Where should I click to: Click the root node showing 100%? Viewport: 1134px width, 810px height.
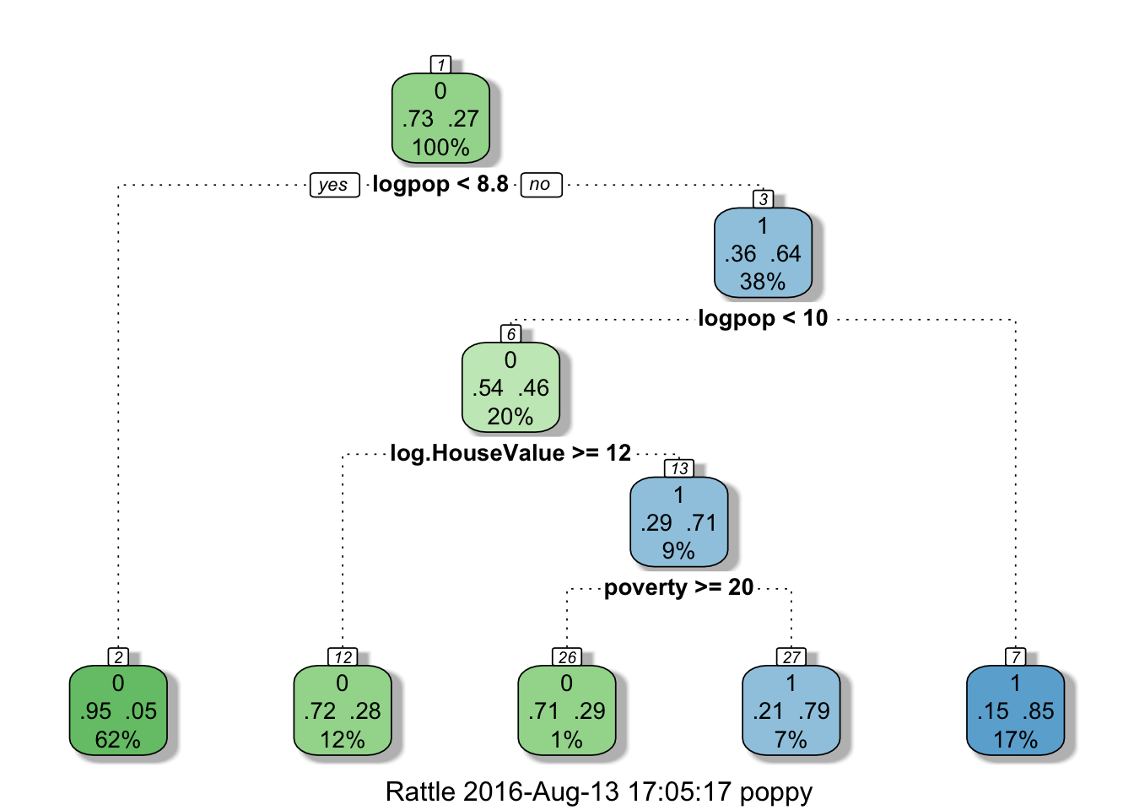[440, 119]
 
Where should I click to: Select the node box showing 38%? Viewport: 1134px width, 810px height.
[763, 254]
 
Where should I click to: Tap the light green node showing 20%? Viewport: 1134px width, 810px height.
[510, 388]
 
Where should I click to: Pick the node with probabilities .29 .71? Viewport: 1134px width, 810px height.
[678, 523]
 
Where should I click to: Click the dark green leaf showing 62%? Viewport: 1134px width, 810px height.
[118, 711]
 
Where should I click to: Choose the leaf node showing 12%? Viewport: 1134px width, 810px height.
[343, 711]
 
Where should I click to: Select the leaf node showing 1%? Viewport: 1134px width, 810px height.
[567, 711]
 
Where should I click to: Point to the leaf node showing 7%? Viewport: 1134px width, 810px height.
[791, 711]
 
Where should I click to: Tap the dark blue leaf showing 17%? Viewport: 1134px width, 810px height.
[1016, 711]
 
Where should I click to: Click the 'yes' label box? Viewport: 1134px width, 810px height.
[334, 185]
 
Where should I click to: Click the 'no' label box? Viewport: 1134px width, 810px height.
[541, 184]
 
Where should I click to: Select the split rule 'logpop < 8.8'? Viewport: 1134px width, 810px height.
[440, 184]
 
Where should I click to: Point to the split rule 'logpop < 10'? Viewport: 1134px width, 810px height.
[763, 318]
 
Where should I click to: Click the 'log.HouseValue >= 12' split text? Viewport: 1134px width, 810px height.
[510, 453]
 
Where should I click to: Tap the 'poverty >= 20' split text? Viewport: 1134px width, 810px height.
[678, 587]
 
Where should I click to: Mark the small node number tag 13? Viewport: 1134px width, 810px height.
[680, 468]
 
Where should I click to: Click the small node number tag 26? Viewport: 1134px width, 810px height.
[567, 657]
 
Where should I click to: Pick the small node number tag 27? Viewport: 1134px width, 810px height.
[791, 657]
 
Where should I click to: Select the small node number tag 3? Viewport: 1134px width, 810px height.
[764, 199]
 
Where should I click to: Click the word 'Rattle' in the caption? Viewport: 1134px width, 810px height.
[421, 791]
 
